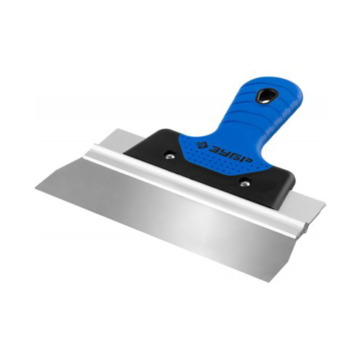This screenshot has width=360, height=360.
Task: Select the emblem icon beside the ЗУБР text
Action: [x=202, y=145]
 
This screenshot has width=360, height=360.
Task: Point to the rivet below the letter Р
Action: [x=244, y=184]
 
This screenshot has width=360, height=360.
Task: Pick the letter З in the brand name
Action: [x=213, y=148]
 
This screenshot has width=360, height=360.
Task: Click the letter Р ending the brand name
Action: [x=247, y=160]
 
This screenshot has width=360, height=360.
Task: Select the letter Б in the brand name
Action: [x=235, y=156]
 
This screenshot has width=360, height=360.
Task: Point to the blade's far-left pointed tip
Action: [x=35, y=188]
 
